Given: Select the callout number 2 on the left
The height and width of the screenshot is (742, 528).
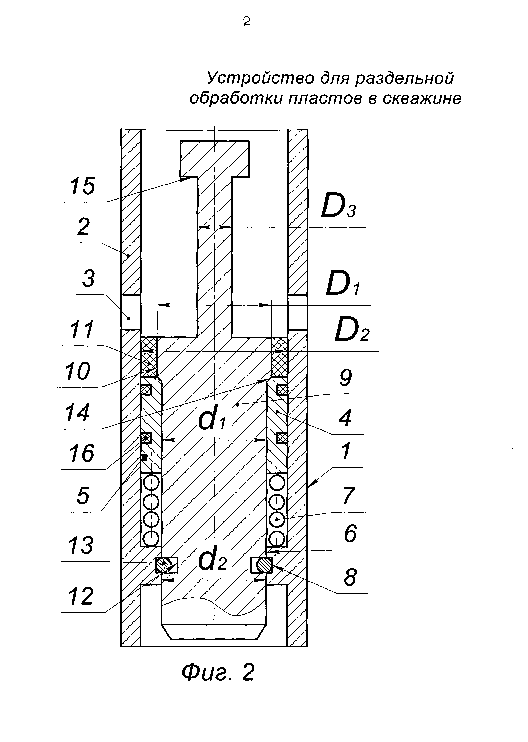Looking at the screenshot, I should pos(84,227).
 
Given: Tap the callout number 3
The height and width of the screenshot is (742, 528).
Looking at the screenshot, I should pos(88,279).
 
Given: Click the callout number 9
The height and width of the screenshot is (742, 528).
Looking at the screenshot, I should pos(345,378).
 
